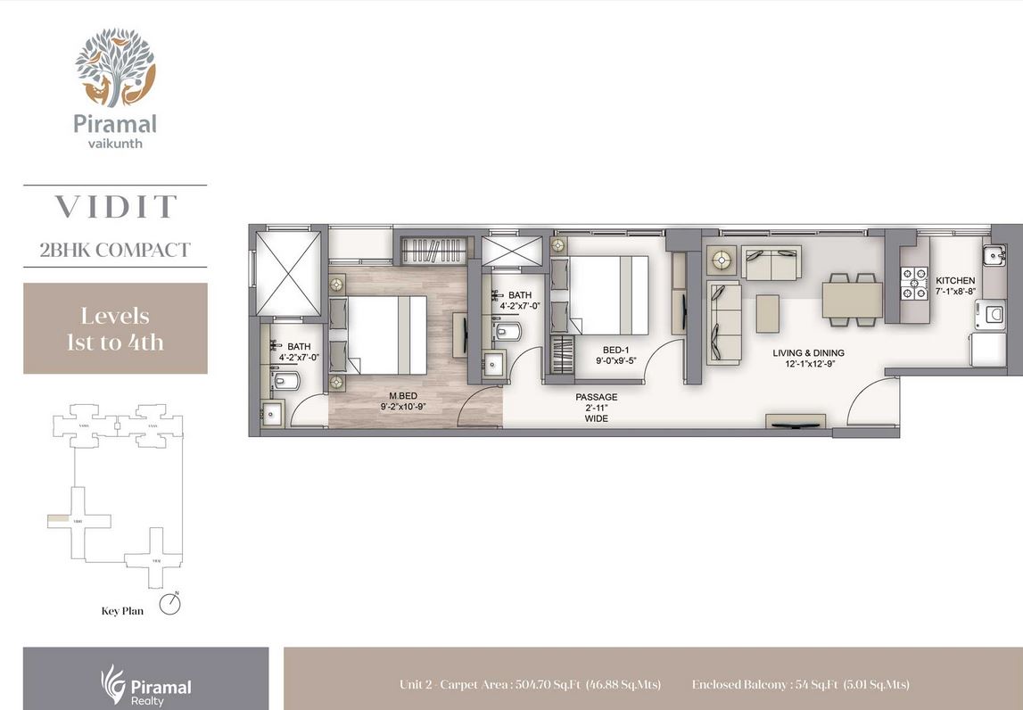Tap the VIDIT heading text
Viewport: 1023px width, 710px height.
[115, 207]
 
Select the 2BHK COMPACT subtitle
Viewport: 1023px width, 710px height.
[115, 249]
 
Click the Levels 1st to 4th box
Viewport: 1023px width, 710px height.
[115, 328]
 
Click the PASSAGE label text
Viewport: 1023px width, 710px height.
[596, 398]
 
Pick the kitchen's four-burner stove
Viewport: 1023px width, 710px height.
[914, 285]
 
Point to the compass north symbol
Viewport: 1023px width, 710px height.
[169, 604]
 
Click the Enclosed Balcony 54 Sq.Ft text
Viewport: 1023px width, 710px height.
[800, 685]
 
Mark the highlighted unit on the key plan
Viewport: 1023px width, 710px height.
[57, 518]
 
